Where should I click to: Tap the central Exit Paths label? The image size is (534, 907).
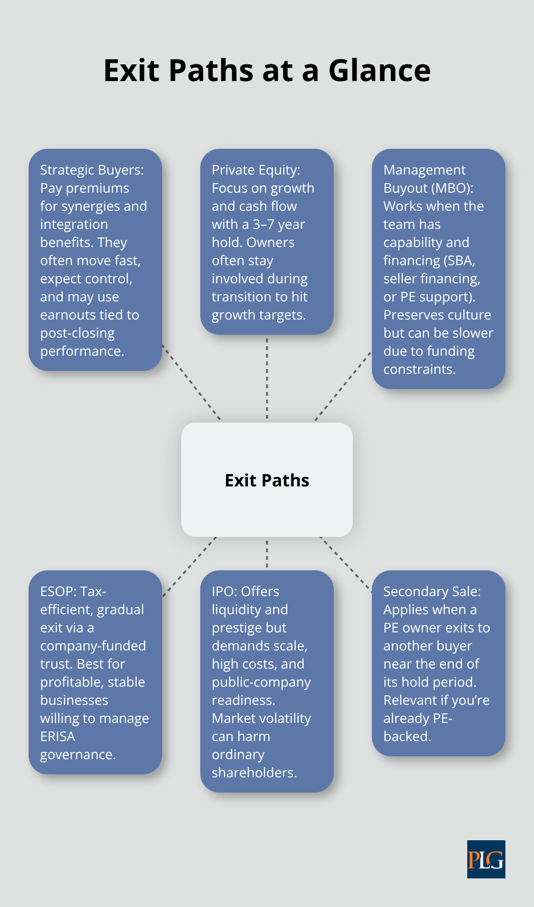(x=267, y=480)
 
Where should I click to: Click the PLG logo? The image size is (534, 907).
(x=486, y=859)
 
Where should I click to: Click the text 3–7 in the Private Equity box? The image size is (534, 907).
(x=263, y=225)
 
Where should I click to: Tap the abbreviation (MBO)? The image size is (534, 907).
(x=452, y=188)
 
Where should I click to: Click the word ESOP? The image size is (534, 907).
(x=58, y=592)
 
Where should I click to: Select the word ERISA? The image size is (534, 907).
(x=58, y=737)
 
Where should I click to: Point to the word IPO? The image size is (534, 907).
(x=225, y=592)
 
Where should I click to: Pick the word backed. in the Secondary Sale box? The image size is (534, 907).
(x=407, y=737)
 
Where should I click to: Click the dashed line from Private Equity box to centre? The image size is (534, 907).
(x=267, y=379)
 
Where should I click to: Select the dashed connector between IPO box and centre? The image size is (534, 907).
(x=267, y=554)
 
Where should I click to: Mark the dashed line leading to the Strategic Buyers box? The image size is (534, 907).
(x=192, y=382)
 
